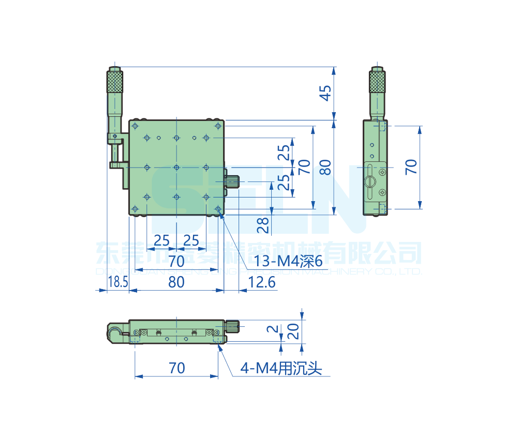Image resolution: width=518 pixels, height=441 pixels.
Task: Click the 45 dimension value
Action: point(324,93)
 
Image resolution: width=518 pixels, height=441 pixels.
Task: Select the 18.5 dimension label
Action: point(117,282)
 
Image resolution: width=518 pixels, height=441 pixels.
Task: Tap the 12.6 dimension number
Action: point(262,282)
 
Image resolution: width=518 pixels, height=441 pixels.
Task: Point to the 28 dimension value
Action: point(263,224)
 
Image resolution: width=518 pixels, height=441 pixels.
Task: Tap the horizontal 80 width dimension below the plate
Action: point(176,282)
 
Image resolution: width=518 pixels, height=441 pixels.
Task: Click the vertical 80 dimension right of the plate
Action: point(325,167)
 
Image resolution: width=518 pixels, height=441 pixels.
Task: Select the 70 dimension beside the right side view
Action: point(411,167)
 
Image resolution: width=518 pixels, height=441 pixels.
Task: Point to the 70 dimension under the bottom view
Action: point(176,368)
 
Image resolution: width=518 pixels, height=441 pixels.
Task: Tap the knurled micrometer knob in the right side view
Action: point(378,82)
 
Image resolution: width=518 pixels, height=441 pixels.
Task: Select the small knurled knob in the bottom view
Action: point(233,326)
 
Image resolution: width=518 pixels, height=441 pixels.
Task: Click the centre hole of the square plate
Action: point(176,168)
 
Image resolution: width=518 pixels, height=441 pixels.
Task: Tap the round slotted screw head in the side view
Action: point(369,181)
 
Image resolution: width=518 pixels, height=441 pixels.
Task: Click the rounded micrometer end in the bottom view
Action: point(113,332)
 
